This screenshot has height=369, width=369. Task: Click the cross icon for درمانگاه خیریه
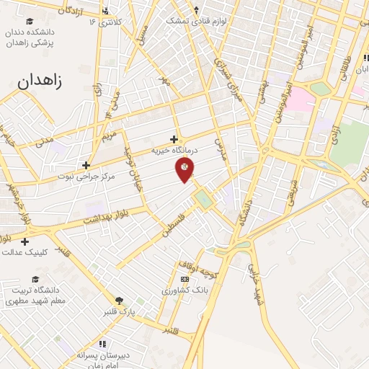[x=174, y=139]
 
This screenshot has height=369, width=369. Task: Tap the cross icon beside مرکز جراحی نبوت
[x=86, y=165]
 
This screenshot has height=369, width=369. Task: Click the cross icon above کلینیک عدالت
[x=25, y=241]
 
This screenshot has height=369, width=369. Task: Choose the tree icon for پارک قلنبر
[x=119, y=300]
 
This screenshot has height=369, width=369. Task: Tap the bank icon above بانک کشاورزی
[x=184, y=279]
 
